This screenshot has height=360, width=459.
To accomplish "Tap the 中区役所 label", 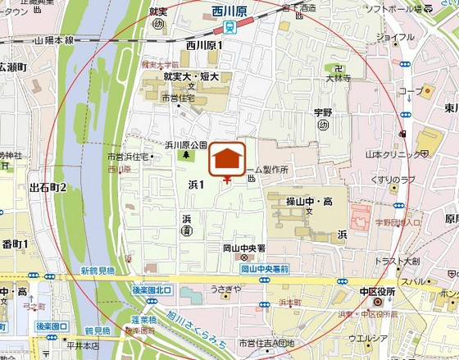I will pos(377,291).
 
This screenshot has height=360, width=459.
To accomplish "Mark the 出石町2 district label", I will pos(48,188).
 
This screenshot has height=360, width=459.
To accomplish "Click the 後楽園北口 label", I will pos(152,289).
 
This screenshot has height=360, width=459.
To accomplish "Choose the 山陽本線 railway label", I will pos(54,39).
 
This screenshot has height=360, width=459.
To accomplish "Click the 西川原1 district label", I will pos(204,45).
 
